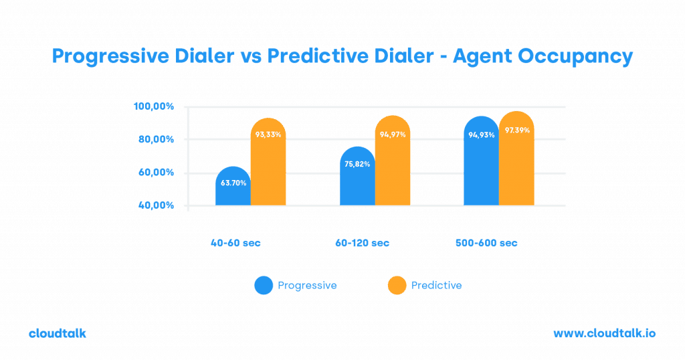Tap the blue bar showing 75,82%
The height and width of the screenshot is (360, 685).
pyautogui.click(x=357, y=177)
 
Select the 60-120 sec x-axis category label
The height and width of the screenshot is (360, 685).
pyautogui.click(x=361, y=243)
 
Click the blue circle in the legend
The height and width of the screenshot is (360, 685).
pyautogui.click(x=264, y=286)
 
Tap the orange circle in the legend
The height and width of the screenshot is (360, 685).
pyautogui.click(x=397, y=286)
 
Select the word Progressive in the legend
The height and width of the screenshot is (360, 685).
pyautogui.click(x=307, y=286)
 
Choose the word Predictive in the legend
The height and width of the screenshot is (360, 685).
pyautogui.click(x=436, y=286)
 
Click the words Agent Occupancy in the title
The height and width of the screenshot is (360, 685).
pyautogui.click(x=543, y=57)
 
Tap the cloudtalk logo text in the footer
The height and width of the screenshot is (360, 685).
pyautogui.click(x=58, y=333)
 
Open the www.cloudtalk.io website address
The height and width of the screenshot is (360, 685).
pyautogui.click(x=605, y=333)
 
